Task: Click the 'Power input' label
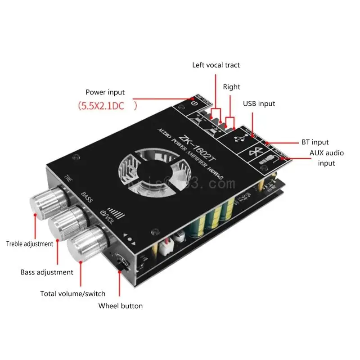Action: click(105, 92)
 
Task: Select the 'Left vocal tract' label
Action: click(216, 65)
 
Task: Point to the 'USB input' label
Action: click(259, 103)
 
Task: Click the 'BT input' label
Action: click(315, 142)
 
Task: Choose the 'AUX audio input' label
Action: click(326, 157)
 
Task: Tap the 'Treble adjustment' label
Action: click(30, 244)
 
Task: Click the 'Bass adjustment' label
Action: click(47, 272)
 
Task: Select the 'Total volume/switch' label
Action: click(73, 294)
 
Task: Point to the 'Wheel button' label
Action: click(121, 306)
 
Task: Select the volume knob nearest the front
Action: click(85, 243)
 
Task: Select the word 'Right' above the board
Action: click(231, 87)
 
